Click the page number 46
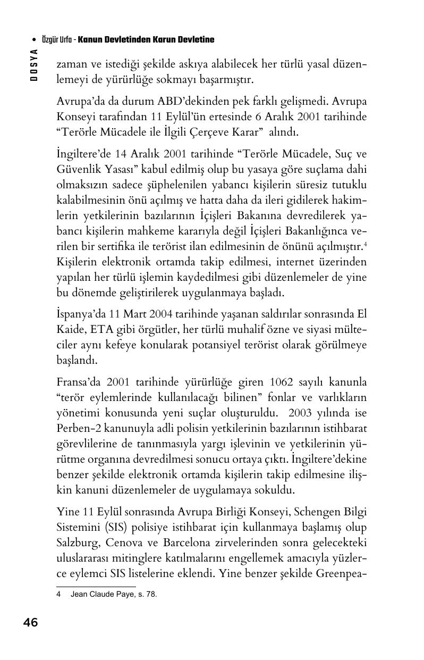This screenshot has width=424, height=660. pyautogui.click(x=30, y=622)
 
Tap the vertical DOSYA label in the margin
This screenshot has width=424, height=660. pyautogui.click(x=34, y=64)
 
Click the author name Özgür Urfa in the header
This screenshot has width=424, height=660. pyautogui.click(x=57, y=40)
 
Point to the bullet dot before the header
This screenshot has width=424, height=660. pyautogui.click(x=35, y=40)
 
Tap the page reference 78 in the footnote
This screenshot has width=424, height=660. pyautogui.click(x=151, y=595)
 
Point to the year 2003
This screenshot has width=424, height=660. pyautogui.click(x=303, y=413)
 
